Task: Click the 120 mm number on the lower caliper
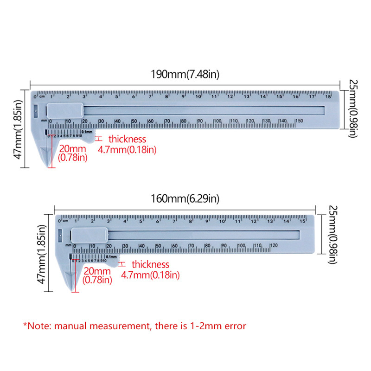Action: click(x=274, y=245)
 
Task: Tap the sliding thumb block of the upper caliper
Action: click(x=65, y=110)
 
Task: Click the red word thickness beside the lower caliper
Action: click(x=151, y=264)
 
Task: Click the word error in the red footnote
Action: click(x=234, y=326)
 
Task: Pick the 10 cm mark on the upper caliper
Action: click(x=198, y=96)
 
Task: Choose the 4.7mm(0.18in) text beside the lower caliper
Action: click(x=150, y=275)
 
